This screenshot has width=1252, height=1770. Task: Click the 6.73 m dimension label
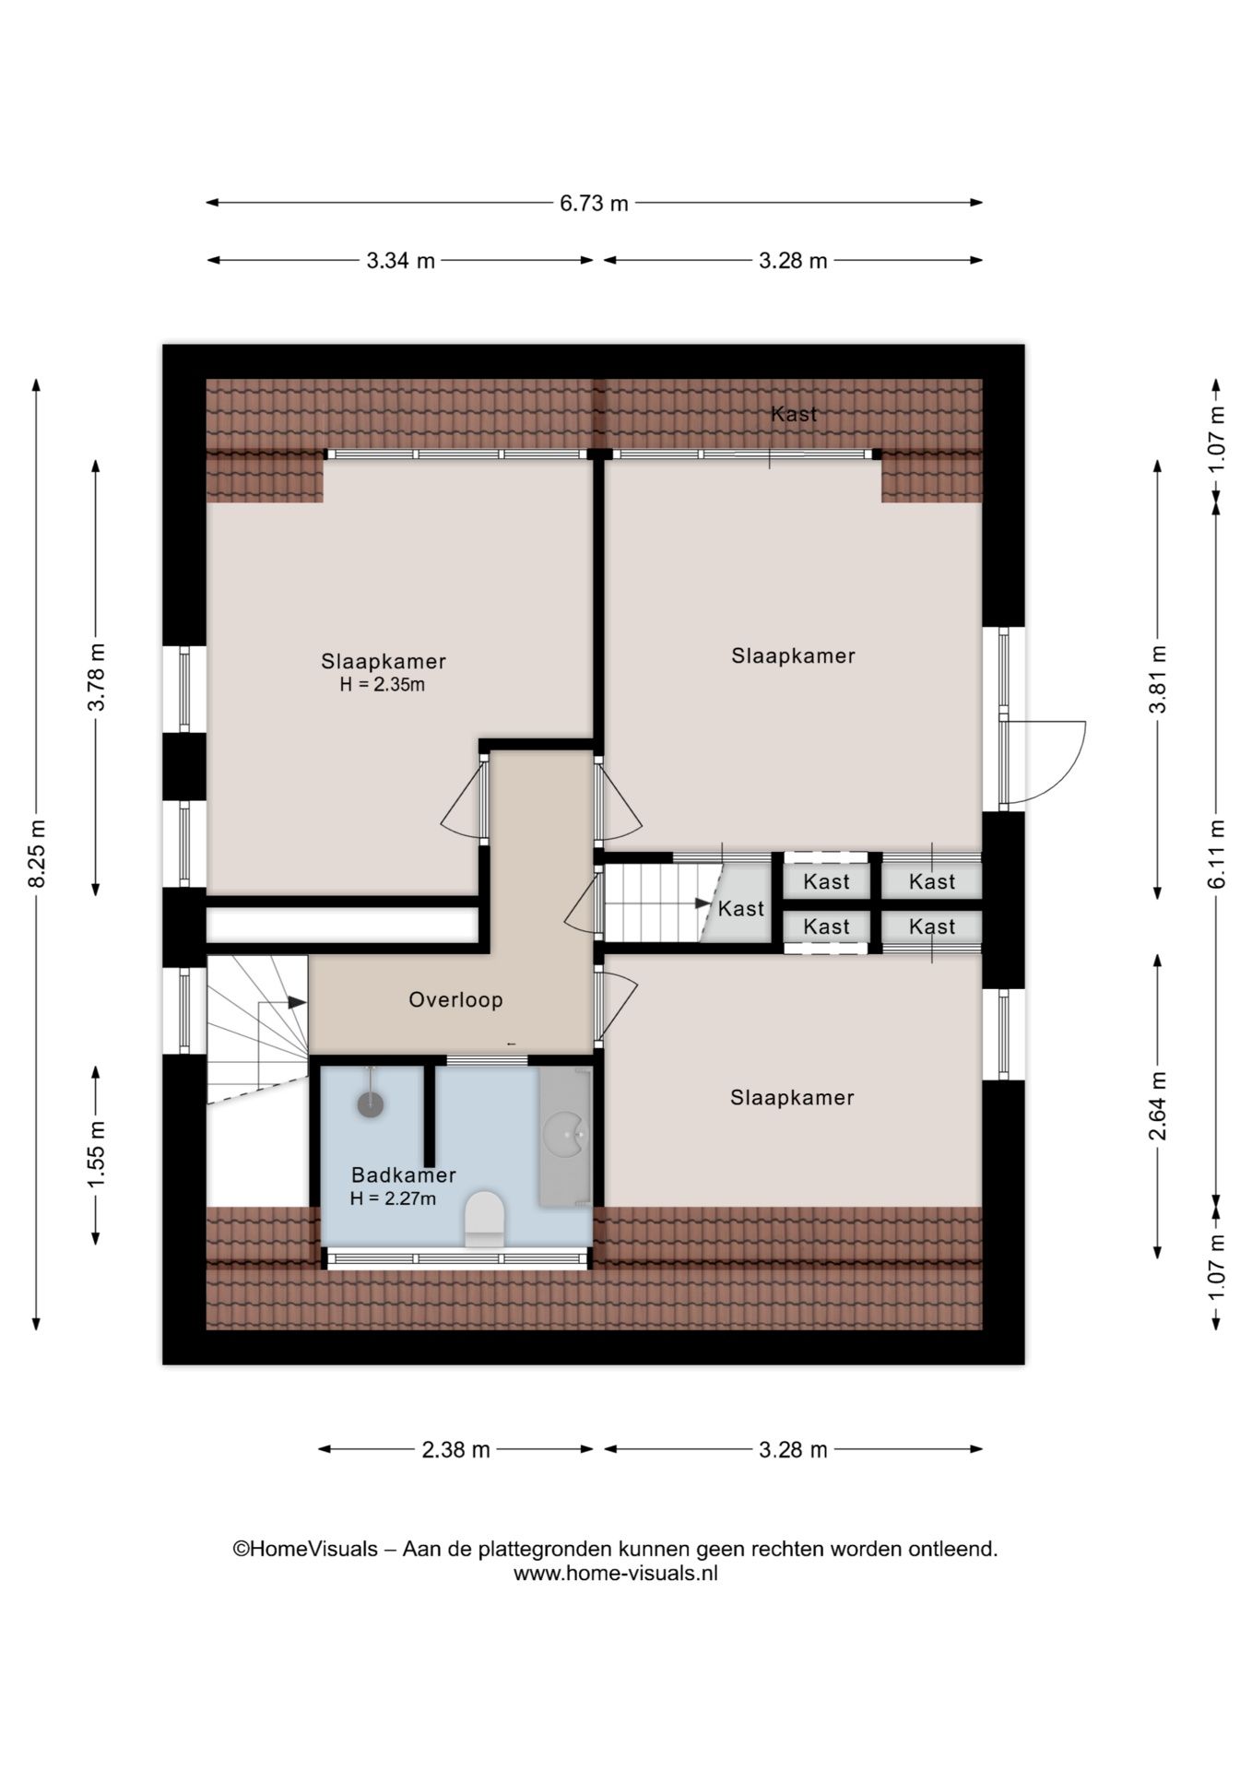(x=594, y=203)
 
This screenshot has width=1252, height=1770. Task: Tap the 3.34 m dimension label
(x=401, y=261)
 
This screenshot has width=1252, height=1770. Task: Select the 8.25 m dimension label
(x=38, y=854)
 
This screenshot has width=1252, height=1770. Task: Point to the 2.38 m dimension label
(x=455, y=1449)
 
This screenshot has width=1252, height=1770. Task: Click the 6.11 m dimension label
(x=1217, y=854)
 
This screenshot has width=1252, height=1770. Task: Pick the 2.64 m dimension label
(x=1158, y=1105)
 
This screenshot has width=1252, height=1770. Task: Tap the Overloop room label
(x=455, y=1000)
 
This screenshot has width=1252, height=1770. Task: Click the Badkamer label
(x=404, y=1175)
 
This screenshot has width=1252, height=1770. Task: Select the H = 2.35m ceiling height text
(x=383, y=685)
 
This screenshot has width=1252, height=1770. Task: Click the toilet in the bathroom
(x=484, y=1219)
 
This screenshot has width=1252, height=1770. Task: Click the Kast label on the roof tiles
(x=794, y=414)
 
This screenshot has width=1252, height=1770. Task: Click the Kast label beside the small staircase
(x=741, y=909)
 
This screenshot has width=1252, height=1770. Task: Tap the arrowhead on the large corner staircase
(x=297, y=1002)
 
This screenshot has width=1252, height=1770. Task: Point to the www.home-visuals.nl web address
(x=615, y=1574)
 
